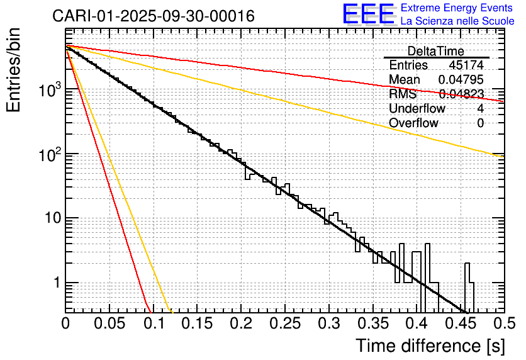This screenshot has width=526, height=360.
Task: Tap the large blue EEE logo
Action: coord(368,15)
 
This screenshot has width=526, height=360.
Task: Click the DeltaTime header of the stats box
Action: coord(435,51)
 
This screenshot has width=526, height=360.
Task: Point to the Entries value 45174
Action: coord(466,65)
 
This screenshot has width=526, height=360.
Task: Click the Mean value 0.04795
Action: coord(461,80)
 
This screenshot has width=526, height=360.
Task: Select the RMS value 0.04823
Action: coord(461,94)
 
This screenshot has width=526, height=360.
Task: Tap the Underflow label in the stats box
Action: coord(417,109)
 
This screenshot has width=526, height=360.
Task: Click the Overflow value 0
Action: coord(480,123)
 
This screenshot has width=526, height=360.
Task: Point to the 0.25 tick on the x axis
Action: coord(285,323)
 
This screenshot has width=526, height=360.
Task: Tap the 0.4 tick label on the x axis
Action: coord(417,323)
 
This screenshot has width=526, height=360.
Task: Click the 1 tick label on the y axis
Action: coord(56,283)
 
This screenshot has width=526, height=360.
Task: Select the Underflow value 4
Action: coord(480,109)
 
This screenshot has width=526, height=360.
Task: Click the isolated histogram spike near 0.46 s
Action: coord(467,277)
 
